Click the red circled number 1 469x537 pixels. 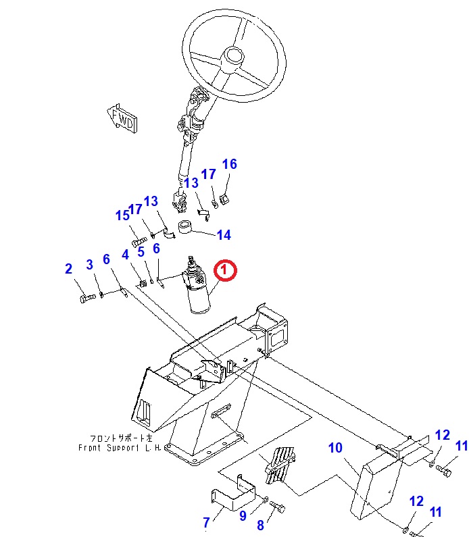225,271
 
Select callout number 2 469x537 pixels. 68,269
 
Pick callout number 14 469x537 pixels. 224,235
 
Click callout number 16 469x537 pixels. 230,164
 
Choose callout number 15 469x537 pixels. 122,215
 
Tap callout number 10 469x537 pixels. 336,447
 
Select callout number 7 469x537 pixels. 207,521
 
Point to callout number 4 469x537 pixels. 125,255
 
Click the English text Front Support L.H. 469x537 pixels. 118,447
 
